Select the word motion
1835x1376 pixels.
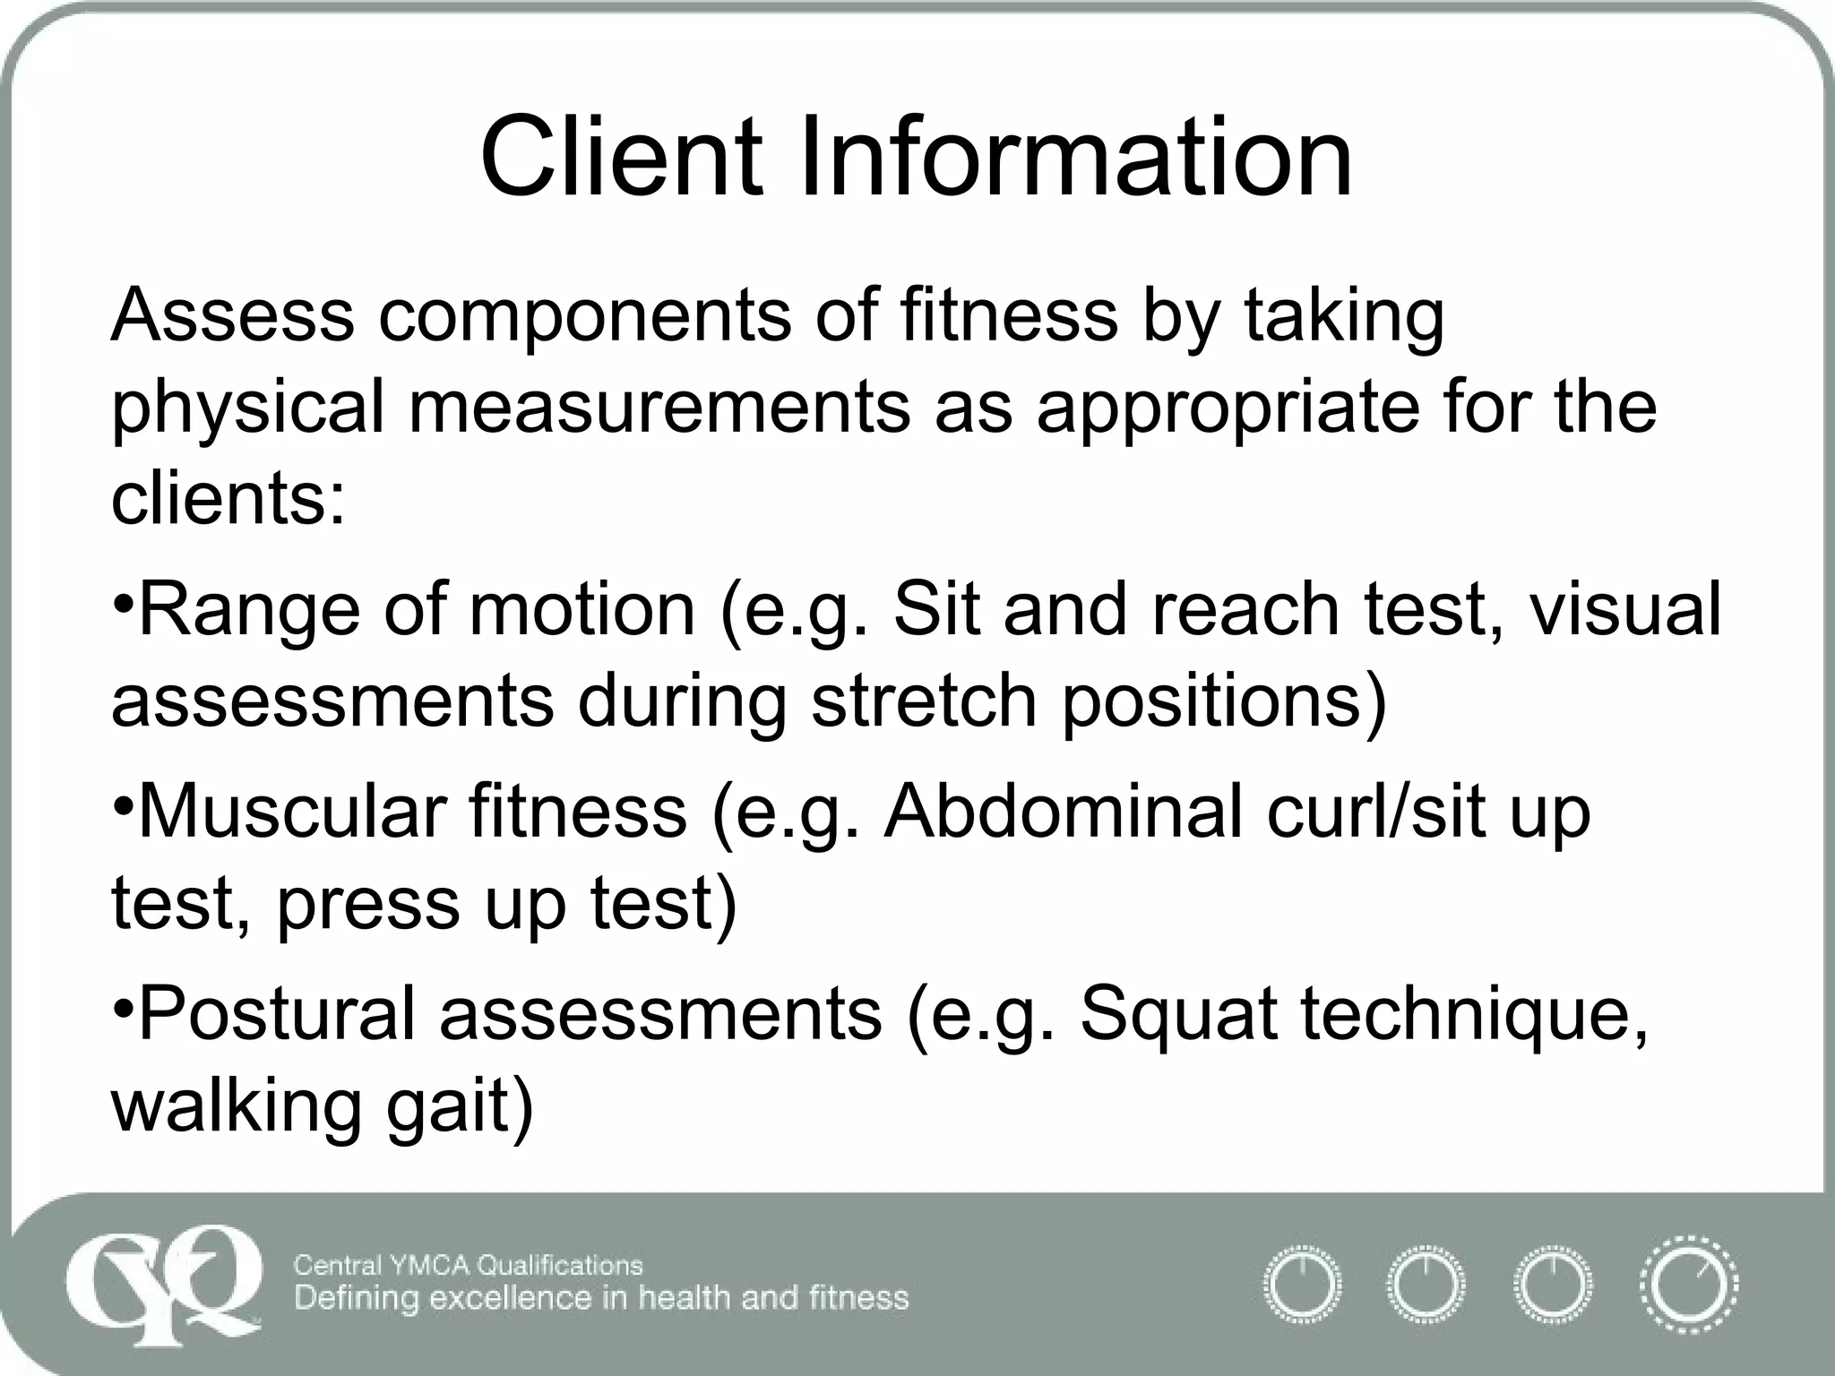click(582, 609)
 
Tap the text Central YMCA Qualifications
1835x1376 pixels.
click(468, 1265)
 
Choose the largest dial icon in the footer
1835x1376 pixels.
click(1688, 1286)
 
